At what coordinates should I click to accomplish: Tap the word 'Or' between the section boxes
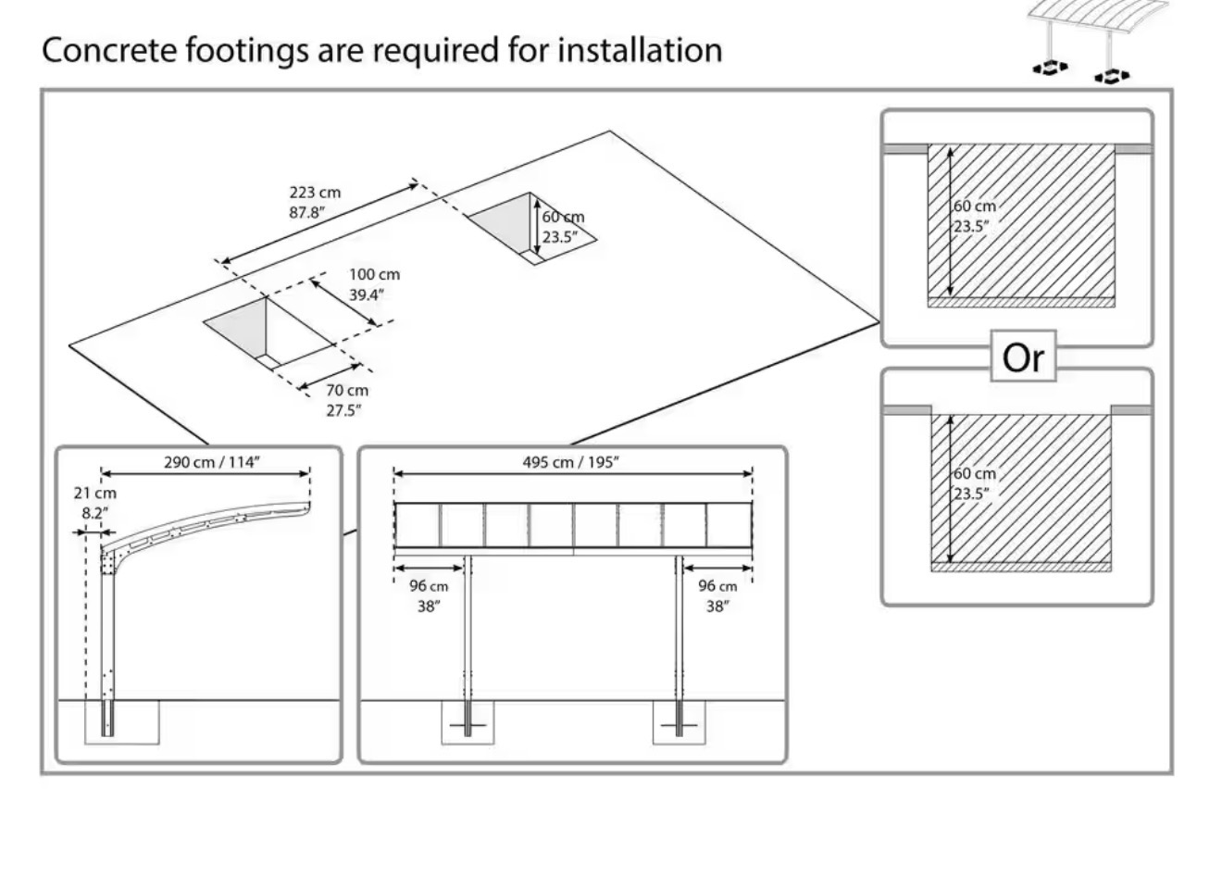pyautogui.click(x=1023, y=357)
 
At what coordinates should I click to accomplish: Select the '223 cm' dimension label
pyautogui.click(x=315, y=193)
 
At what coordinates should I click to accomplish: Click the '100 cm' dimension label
pyautogui.click(x=374, y=275)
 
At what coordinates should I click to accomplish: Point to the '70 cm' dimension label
pyautogui.click(x=346, y=391)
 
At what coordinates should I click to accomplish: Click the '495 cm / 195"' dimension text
pyautogui.click(x=570, y=462)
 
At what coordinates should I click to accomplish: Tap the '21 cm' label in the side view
pyautogui.click(x=95, y=494)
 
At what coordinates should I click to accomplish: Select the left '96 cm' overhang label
pyautogui.click(x=429, y=586)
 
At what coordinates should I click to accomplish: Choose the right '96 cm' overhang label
pyautogui.click(x=717, y=586)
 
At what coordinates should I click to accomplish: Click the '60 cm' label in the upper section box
pyautogui.click(x=975, y=206)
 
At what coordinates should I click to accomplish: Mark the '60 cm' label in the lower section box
pyautogui.click(x=975, y=474)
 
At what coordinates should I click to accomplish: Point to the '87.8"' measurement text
pyautogui.click(x=307, y=211)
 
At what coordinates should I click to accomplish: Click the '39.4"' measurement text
pyautogui.click(x=367, y=294)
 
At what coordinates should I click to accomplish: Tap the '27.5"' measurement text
pyautogui.click(x=343, y=410)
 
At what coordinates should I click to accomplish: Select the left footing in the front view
pyautogui.click(x=468, y=722)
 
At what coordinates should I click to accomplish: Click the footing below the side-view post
pyautogui.click(x=122, y=722)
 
